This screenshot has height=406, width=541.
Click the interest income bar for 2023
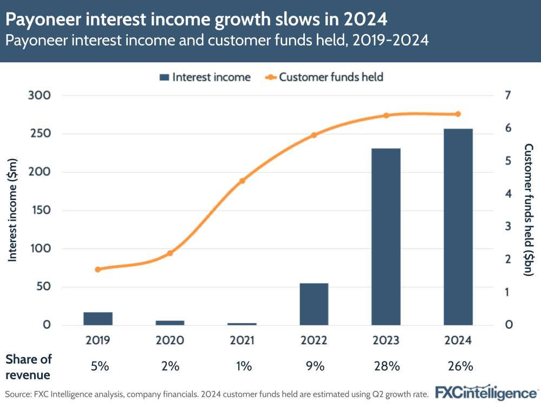click(x=386, y=236)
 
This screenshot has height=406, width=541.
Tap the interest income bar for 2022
click(x=314, y=304)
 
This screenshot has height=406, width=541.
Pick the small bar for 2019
click(x=98, y=319)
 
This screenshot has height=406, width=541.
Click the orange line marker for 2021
click(x=242, y=181)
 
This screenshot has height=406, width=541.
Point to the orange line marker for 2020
click(x=170, y=253)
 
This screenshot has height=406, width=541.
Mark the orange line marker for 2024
click(x=458, y=114)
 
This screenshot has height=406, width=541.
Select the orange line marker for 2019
click(x=98, y=269)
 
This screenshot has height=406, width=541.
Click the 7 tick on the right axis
click(x=507, y=95)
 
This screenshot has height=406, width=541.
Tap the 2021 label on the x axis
click(x=242, y=341)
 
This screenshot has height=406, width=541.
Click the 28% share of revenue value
click(x=386, y=366)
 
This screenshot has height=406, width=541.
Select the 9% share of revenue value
click(x=314, y=366)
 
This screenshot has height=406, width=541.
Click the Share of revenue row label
click(x=29, y=366)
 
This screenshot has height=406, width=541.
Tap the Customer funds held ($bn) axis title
click(x=529, y=210)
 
